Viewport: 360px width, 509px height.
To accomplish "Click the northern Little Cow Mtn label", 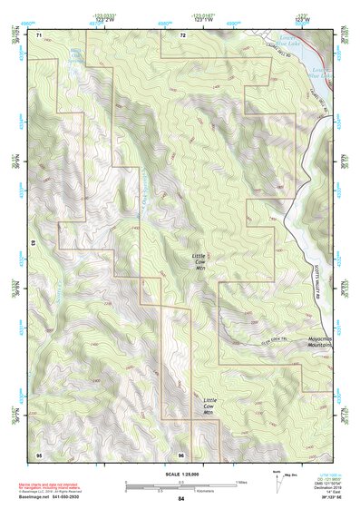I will click(200, 262).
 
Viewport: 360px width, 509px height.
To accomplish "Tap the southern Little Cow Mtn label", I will click(209, 406).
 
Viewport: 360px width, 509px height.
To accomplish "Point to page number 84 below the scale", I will click(181, 499).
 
